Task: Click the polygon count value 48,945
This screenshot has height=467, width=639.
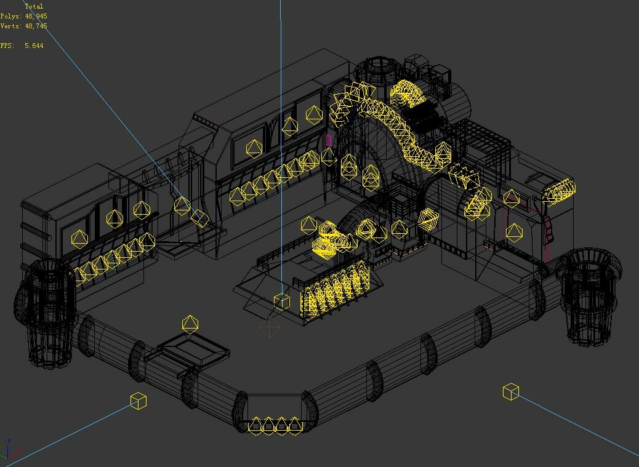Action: pos(36,16)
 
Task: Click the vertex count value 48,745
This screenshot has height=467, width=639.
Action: pos(36,26)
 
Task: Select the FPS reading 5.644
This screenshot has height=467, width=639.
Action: pos(34,46)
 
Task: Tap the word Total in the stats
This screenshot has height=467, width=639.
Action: pos(34,6)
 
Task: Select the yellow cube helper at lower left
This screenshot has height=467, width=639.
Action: pos(139,401)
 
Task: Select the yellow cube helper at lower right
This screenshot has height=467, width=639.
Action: pos(511,391)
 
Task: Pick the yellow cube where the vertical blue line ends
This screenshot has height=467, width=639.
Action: pos(281,301)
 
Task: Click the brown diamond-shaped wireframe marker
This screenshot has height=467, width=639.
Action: pos(269,327)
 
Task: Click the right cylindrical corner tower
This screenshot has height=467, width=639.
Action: pos(588,295)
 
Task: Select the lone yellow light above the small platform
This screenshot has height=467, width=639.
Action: pos(190,324)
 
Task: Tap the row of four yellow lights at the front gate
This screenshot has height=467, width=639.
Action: pos(275,425)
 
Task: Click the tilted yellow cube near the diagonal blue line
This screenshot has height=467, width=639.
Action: pos(199,217)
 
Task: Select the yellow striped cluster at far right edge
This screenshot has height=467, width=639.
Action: pos(559,191)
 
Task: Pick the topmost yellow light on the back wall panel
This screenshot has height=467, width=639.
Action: pos(314,114)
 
